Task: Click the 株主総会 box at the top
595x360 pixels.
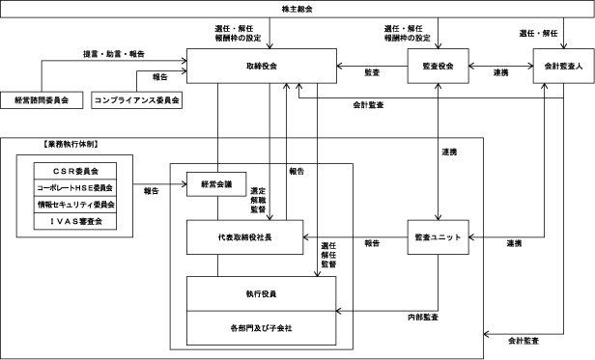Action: [297, 9]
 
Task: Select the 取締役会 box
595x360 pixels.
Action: [262, 66]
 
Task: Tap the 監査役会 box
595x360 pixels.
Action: [438, 66]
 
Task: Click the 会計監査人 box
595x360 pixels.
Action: [563, 66]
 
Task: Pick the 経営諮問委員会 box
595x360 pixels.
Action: [42, 100]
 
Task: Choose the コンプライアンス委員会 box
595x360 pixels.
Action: [136, 100]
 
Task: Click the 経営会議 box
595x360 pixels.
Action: [216, 184]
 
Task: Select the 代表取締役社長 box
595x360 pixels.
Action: [244, 237]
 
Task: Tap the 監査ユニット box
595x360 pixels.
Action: [438, 237]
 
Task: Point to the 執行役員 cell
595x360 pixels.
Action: [261, 294]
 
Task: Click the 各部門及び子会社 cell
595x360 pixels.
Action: [261, 328]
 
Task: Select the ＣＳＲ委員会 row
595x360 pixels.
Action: [75, 171]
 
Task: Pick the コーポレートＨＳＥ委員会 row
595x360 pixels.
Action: [75, 188]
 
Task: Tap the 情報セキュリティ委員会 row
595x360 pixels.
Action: [75, 205]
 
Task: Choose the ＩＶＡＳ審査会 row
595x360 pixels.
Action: [75, 221]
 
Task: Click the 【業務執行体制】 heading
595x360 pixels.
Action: [71, 144]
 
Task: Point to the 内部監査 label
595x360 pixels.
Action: [423, 318]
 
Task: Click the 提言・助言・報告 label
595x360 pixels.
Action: [114, 54]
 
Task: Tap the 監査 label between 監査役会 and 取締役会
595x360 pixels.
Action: [372, 72]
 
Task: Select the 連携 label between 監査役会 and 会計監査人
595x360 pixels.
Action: [500, 72]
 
